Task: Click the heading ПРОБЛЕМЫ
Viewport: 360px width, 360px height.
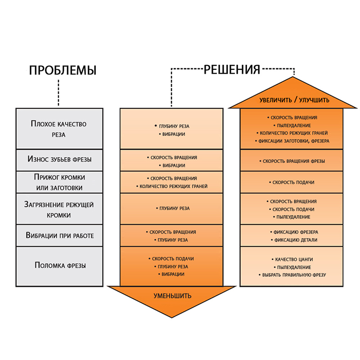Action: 63,70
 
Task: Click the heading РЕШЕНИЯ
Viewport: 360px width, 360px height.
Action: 232,70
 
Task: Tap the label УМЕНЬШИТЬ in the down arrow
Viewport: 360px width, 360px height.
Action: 172,296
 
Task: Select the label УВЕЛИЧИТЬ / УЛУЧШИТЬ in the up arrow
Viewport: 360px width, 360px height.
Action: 295,100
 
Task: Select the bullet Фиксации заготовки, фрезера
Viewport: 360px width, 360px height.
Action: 294,141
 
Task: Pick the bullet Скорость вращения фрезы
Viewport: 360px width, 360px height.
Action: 294,161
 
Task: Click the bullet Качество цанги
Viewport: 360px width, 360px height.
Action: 294,259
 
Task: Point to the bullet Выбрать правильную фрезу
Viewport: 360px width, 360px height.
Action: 294,274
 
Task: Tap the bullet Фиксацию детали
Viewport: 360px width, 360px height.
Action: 294,240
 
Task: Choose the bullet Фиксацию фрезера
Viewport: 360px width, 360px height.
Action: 294,232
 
